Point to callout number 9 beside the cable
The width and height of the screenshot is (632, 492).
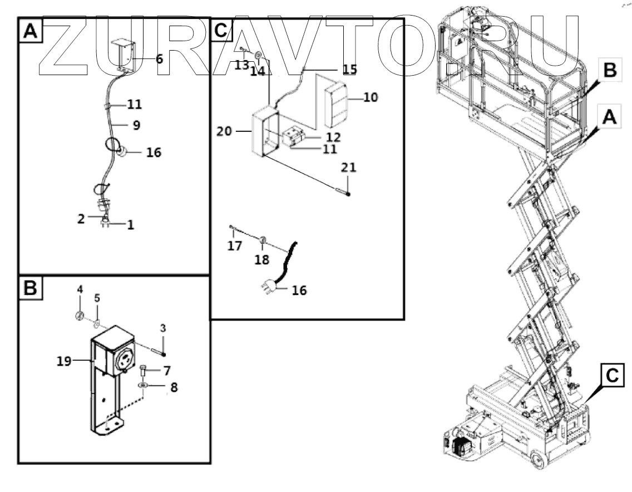click(136, 125)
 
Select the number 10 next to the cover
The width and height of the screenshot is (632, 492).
click(371, 97)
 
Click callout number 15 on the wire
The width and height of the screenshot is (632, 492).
click(349, 70)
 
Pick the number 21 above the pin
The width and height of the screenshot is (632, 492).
click(349, 168)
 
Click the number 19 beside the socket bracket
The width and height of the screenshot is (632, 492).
click(64, 361)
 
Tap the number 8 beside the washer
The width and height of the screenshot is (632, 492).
click(174, 387)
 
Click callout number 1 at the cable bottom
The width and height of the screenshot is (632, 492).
click(131, 225)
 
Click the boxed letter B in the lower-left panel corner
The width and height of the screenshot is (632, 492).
click(31, 288)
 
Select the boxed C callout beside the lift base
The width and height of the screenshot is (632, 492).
click(611, 376)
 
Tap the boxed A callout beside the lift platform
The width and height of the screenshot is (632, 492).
click(610, 116)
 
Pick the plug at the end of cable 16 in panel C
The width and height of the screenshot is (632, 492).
click(268, 288)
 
